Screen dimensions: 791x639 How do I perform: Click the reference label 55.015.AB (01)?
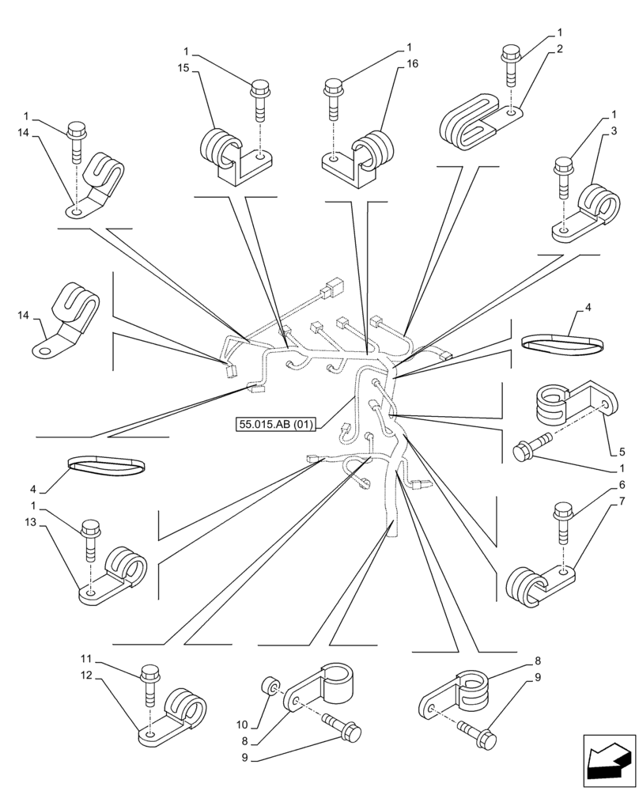[276, 424]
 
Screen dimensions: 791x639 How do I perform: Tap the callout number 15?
[183, 70]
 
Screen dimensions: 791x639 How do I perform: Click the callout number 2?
[559, 49]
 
